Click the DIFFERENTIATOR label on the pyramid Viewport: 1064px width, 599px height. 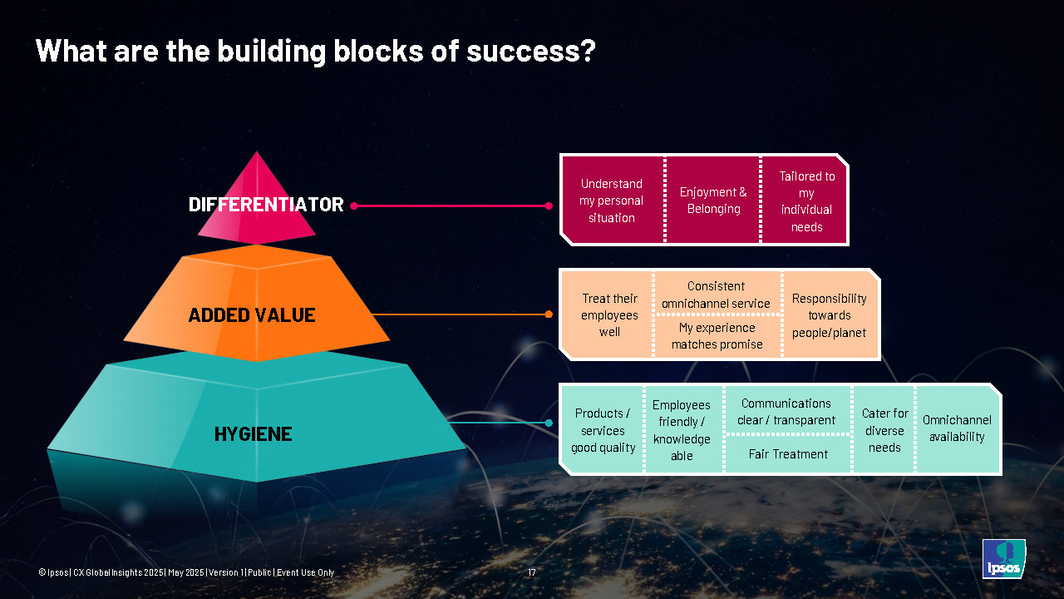266,205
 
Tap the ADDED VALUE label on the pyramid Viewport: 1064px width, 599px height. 252,315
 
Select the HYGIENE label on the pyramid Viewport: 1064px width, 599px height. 253,433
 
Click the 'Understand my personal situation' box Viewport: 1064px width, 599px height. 612,200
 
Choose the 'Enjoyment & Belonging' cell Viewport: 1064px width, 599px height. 713,200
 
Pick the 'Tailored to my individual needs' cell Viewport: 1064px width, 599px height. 806,200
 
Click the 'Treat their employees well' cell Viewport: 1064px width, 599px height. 609,315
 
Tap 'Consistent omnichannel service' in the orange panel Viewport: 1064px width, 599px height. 717,295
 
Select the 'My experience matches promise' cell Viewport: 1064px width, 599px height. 717,336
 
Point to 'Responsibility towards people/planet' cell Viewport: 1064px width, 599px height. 829,315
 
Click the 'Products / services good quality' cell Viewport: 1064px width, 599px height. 603,430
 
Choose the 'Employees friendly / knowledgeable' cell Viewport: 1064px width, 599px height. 682,430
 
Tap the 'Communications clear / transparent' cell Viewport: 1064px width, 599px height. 786,411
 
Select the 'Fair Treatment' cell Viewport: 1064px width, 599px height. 788,454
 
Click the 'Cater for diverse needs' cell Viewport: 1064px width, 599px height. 884,430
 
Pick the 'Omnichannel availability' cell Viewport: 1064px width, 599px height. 957,428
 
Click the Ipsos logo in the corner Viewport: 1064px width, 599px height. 1003,559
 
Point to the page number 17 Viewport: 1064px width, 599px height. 532,572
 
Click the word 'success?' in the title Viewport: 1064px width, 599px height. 531,52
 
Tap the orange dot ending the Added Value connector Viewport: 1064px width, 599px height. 549,314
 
